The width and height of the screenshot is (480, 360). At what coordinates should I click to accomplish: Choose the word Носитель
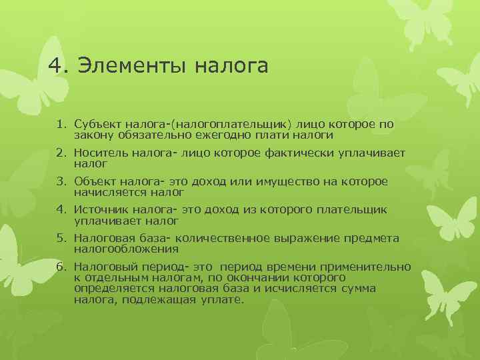[98, 153]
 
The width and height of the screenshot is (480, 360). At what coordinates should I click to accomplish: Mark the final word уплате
[223, 300]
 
